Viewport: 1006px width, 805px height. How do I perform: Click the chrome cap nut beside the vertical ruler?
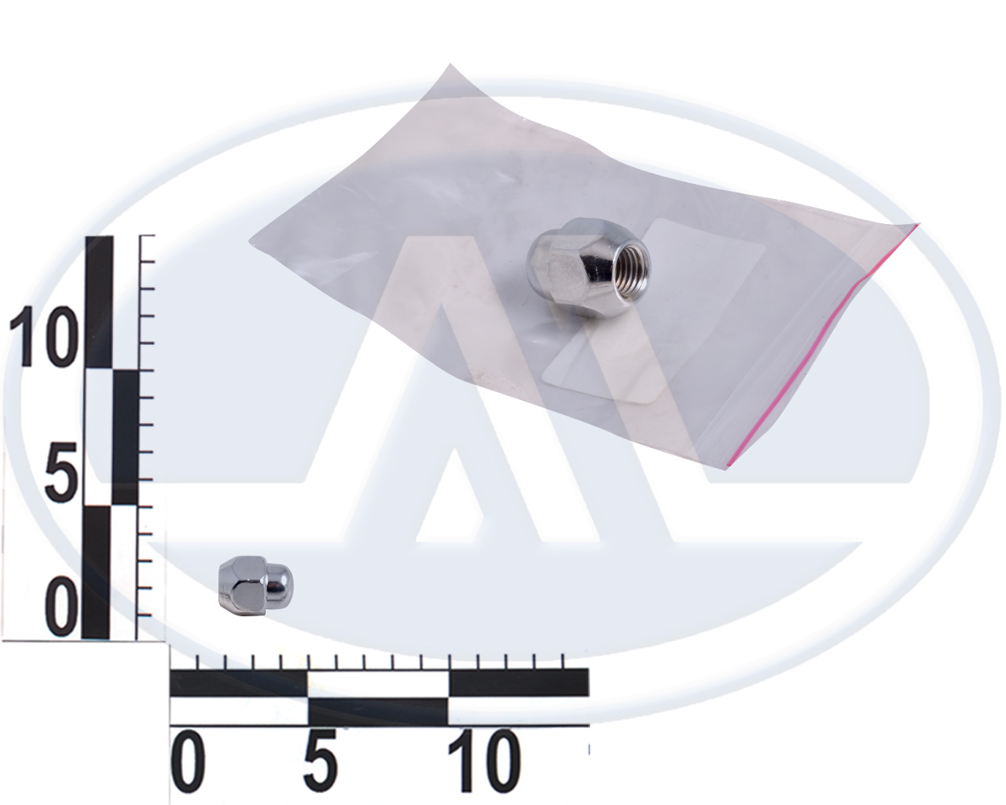tap(255, 586)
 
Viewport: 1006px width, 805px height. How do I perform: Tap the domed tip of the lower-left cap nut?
tap(280, 583)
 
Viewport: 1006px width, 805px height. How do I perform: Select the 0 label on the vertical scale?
tap(63, 607)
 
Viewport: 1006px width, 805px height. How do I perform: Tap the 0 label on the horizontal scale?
tap(189, 766)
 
